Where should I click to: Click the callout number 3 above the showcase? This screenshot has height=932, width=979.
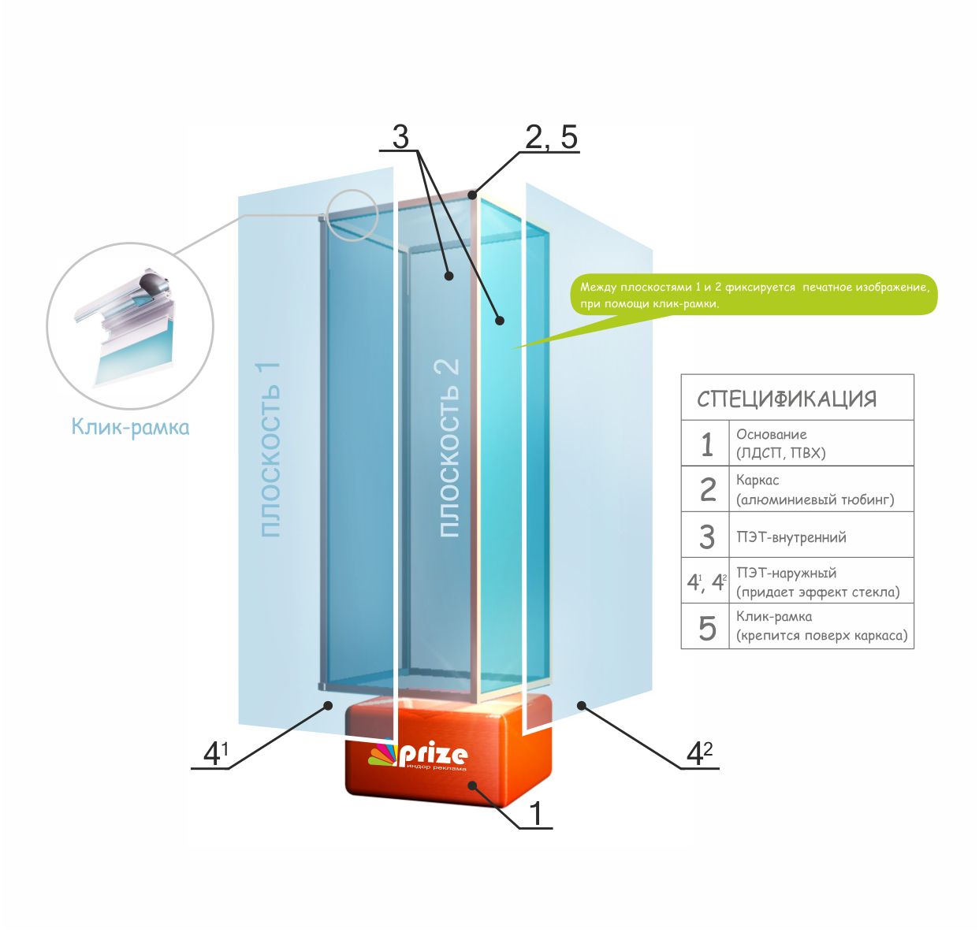(400, 137)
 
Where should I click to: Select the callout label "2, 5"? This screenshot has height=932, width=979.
(551, 138)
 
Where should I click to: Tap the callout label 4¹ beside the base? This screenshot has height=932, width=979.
(214, 754)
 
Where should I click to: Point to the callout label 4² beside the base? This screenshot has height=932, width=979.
(698, 754)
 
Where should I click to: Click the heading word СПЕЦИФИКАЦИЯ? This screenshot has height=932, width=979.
(786, 399)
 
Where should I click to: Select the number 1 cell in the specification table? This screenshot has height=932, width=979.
(707, 444)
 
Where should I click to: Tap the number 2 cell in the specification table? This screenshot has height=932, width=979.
(707, 490)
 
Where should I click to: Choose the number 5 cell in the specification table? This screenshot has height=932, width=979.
(707, 628)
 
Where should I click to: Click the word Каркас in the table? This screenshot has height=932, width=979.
(758, 480)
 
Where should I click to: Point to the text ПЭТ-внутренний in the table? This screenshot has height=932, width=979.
(791, 537)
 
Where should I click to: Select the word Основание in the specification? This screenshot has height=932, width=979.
(771, 434)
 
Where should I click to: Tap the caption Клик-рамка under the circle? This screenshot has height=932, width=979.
(130, 427)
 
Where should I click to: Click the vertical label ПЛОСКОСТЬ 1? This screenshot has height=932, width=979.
(270, 450)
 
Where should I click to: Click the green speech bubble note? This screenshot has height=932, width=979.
(753, 295)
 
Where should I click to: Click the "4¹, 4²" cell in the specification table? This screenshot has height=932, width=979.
(706, 582)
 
